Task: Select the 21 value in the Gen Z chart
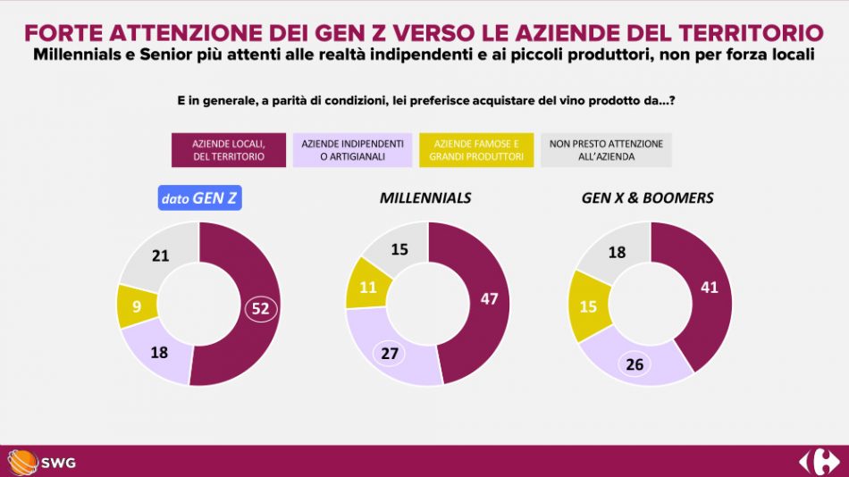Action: tap(161, 256)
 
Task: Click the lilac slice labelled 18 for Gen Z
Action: tap(159, 352)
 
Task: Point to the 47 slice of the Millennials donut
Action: tap(488, 299)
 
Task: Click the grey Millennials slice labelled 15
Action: tap(399, 249)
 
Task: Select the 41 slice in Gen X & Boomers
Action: tap(710, 289)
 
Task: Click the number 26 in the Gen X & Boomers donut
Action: tap(635, 364)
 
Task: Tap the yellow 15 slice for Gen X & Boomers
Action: tap(588, 306)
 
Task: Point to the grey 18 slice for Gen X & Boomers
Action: tap(617, 253)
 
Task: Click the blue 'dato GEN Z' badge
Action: tap(199, 197)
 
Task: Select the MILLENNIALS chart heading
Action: tap(424, 197)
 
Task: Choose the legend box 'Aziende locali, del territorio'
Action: tap(228, 150)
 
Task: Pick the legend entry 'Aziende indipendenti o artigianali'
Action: tap(353, 150)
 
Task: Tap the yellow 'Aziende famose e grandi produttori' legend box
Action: tap(476, 150)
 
